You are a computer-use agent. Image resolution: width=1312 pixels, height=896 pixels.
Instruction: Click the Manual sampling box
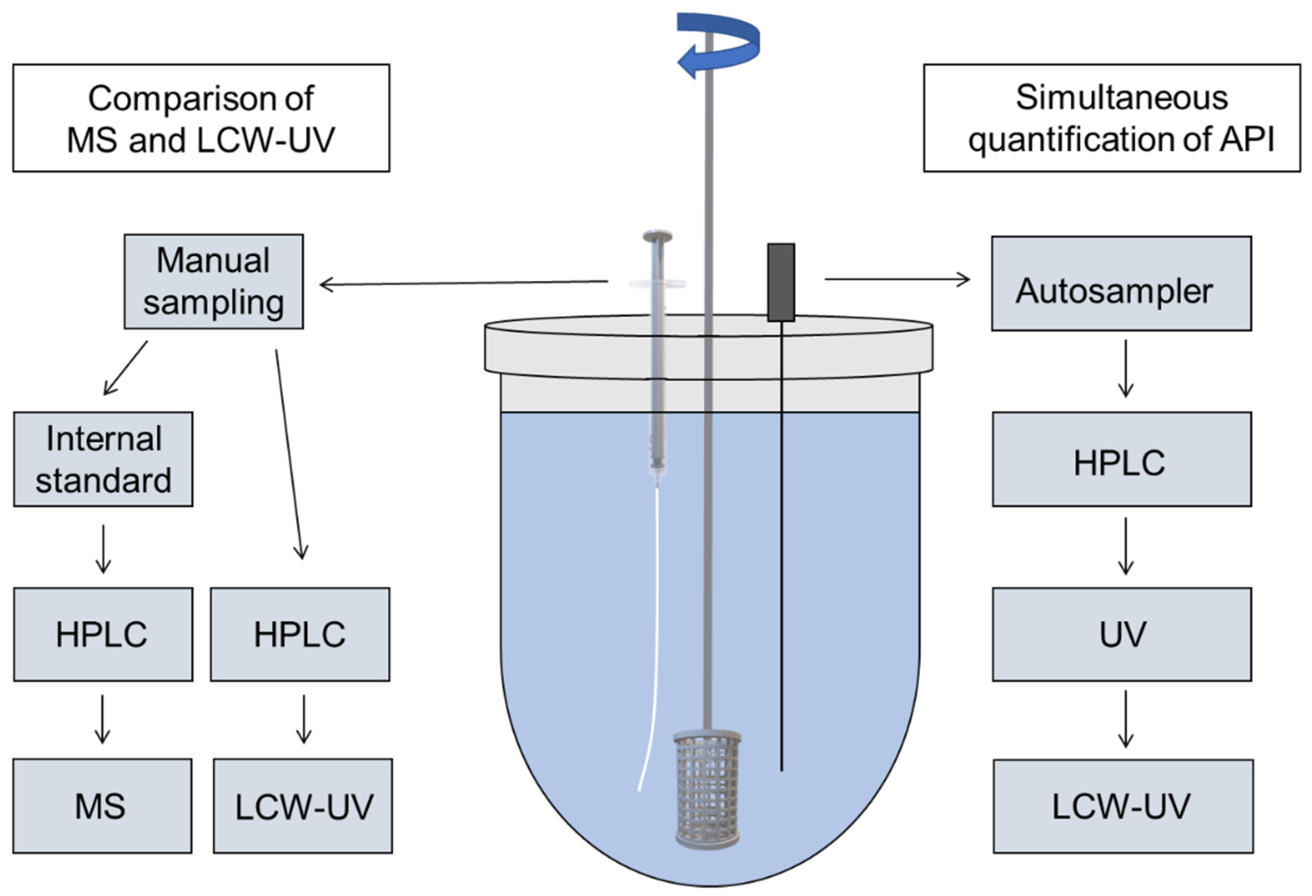tap(213, 281)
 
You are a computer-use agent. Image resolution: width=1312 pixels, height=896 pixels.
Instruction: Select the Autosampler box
tap(1121, 284)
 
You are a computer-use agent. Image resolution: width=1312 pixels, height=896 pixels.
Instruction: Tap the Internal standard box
tap(103, 459)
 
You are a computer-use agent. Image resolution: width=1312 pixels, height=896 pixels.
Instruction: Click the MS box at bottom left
tap(102, 806)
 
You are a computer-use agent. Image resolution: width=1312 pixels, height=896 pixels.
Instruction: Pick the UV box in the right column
tap(1122, 634)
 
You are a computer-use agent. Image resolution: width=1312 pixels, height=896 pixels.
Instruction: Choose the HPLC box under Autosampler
tap(1122, 459)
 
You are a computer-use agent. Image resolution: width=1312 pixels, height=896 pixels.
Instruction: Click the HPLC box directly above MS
tap(103, 634)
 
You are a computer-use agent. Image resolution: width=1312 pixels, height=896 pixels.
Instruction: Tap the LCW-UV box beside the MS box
tap(303, 806)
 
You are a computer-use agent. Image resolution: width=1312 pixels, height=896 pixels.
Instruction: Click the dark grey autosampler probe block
tap(781, 282)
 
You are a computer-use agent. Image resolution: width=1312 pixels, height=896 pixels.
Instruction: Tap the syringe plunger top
tap(657, 235)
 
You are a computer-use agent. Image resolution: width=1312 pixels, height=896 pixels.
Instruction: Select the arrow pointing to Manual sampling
tap(463, 282)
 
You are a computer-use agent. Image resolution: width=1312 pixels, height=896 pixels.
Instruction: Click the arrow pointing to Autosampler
tap(898, 279)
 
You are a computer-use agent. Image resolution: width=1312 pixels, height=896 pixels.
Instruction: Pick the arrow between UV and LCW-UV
tap(1126, 719)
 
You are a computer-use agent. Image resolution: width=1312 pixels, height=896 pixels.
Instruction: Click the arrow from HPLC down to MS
tap(102, 719)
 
